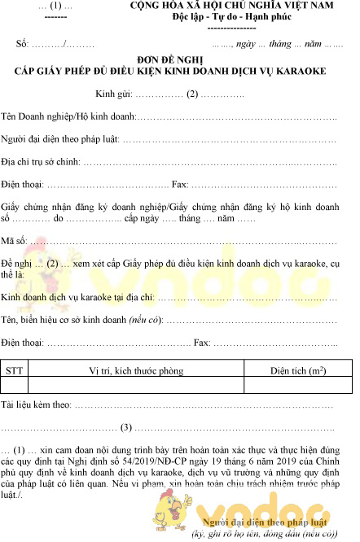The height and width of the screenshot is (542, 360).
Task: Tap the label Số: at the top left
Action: point(22,41)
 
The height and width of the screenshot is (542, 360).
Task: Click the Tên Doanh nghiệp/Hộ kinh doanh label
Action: point(68,117)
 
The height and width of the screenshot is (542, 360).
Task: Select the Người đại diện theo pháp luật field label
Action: point(59,139)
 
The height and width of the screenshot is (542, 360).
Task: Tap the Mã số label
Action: point(13,242)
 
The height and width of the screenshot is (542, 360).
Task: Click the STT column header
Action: point(14,370)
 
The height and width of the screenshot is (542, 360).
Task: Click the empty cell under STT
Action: point(14,385)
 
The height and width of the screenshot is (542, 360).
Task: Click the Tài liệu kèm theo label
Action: point(35,404)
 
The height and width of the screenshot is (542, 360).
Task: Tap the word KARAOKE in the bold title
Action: point(298,71)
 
